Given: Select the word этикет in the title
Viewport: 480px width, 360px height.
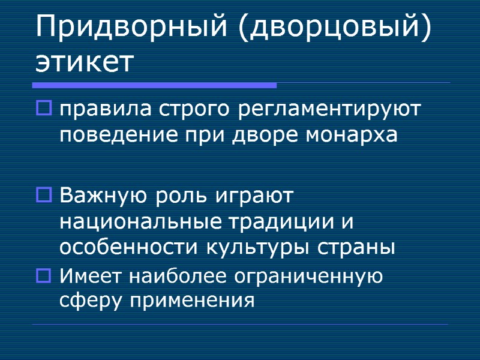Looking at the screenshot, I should [83, 62].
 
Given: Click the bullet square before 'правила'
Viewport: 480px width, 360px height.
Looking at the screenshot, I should [44, 109].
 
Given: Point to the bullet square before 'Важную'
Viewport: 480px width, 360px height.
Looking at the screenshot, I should [44, 196].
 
